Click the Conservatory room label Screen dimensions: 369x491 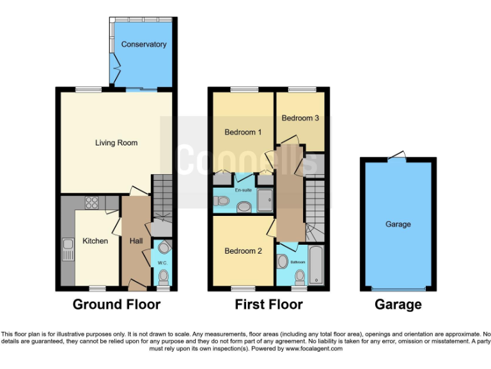(144, 44)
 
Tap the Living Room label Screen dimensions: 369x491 (116, 143)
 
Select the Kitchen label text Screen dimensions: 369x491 (95, 241)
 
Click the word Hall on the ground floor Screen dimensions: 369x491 (136, 241)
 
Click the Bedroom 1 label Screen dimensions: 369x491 (243, 133)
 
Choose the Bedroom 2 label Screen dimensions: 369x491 (243, 251)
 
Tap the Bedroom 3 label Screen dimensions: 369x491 (300, 118)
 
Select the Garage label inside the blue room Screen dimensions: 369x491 (398, 224)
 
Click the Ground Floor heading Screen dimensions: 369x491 (116, 304)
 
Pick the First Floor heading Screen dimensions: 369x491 (269, 304)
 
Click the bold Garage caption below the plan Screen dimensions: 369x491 (398, 304)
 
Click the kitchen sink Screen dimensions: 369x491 (68, 249)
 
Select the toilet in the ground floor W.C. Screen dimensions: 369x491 (164, 276)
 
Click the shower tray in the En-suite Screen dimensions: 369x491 (265, 202)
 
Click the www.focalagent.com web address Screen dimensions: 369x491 (313, 349)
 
